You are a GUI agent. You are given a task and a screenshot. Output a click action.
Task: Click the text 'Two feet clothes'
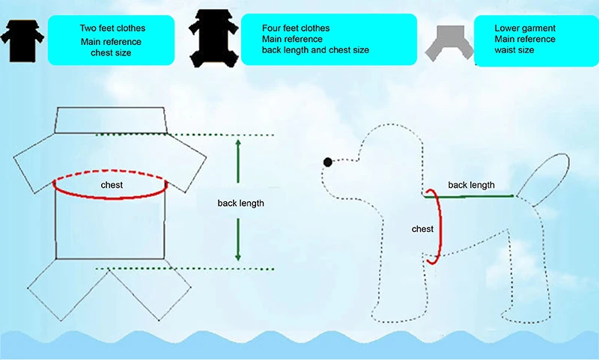[x=112, y=28]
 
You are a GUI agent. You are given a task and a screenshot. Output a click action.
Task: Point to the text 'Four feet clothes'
[x=296, y=28]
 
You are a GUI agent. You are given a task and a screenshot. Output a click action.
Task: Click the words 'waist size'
[x=514, y=51]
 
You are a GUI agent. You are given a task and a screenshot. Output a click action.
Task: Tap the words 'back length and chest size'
[x=315, y=50]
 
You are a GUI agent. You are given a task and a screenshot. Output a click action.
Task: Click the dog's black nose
[x=327, y=162]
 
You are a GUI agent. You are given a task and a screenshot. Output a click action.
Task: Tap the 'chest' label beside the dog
[x=422, y=229]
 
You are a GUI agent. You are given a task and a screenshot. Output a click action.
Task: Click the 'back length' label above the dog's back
[x=471, y=184]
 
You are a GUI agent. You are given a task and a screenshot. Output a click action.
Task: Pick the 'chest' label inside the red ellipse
[x=112, y=184]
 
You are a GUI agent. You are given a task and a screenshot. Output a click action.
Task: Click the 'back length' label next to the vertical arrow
[x=240, y=203]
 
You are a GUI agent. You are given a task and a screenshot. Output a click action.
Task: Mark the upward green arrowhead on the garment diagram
[x=238, y=143]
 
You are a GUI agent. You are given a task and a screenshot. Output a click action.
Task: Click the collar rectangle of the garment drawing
[x=110, y=120]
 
